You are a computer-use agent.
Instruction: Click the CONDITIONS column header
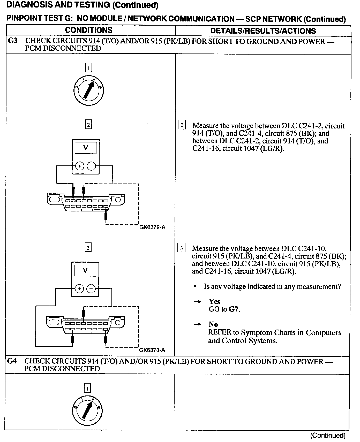point(89,30)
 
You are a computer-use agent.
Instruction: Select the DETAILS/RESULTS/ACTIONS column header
point(263,31)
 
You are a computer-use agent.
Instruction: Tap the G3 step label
point(13,41)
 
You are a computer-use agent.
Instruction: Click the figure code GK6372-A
point(152,227)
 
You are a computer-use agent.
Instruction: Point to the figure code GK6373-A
point(152,350)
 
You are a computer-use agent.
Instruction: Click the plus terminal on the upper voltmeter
point(80,166)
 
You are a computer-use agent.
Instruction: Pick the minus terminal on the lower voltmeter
point(91,289)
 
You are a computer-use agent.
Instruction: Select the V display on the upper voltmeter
point(86,148)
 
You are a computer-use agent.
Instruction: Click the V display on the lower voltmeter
point(85,271)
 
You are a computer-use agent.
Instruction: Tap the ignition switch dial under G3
point(88,90)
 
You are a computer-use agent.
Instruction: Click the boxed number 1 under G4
point(87,388)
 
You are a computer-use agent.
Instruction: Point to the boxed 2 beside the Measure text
point(182,125)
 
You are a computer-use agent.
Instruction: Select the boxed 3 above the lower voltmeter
point(88,248)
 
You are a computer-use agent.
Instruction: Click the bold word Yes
point(214,302)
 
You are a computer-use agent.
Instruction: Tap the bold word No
point(213,324)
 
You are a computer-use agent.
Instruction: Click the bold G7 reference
point(234,309)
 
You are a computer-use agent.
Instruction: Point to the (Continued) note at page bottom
point(328,436)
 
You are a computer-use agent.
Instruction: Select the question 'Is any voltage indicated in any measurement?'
point(272,287)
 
